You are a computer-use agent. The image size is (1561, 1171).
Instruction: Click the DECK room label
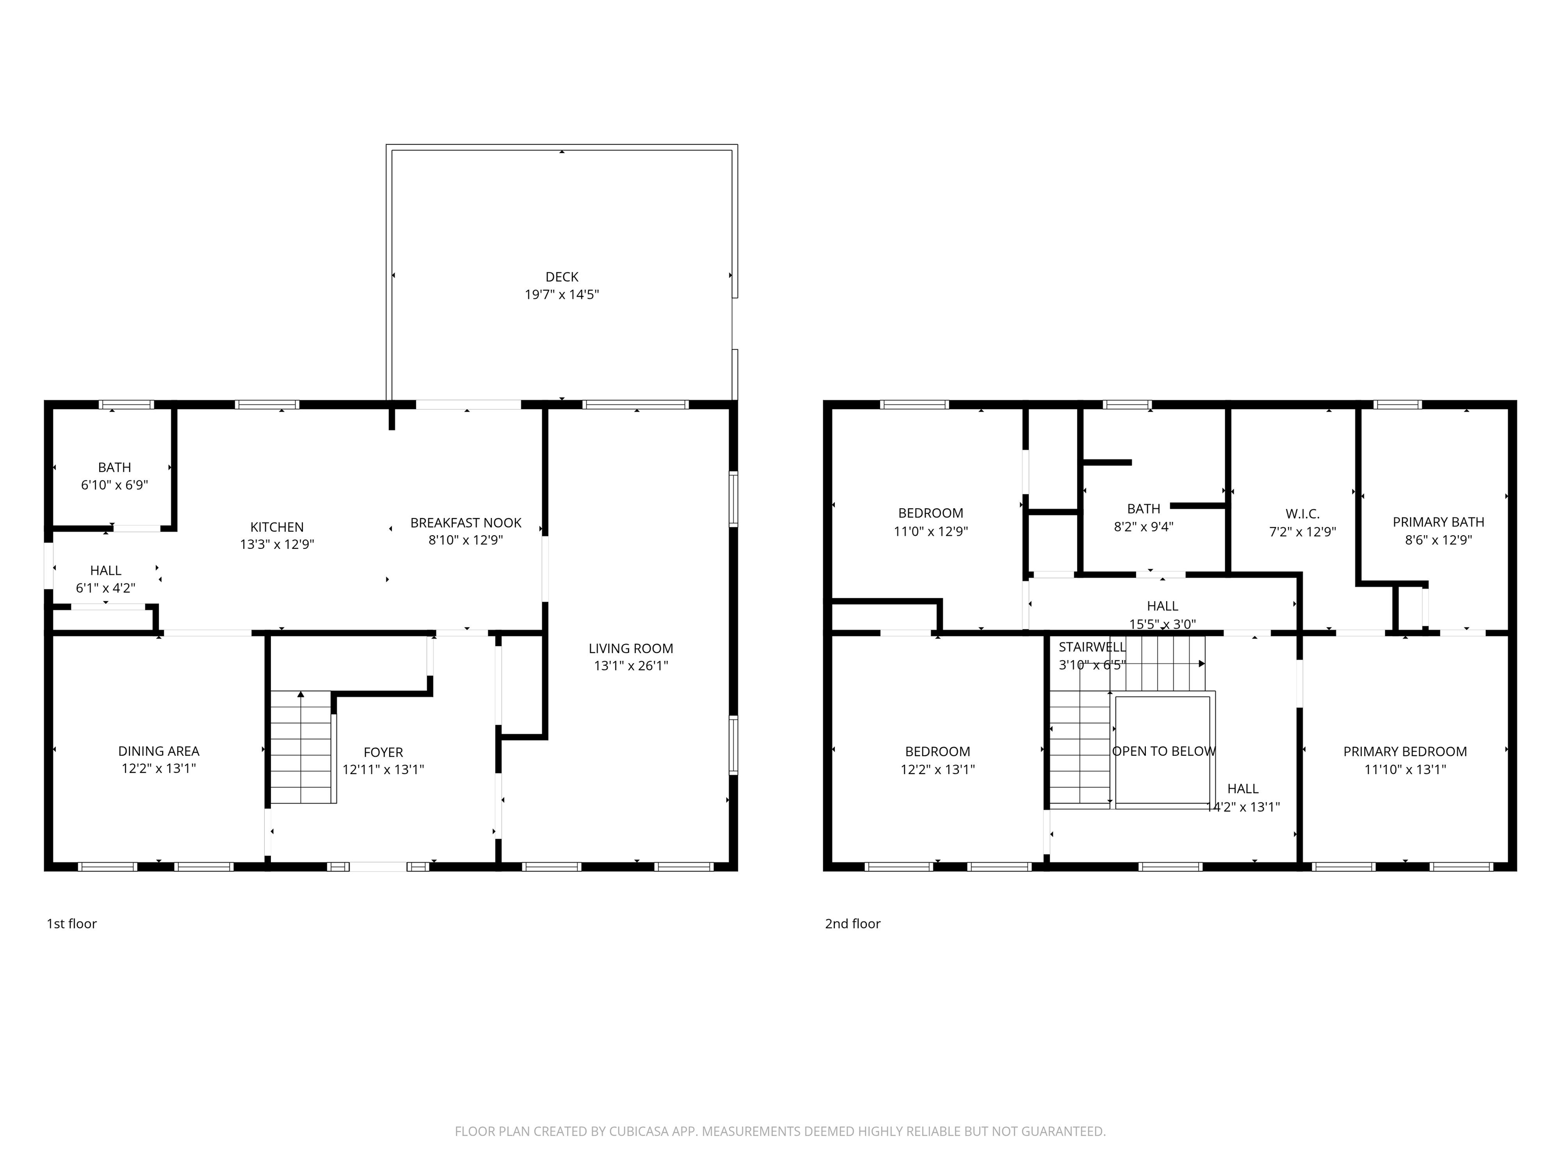tap(561, 276)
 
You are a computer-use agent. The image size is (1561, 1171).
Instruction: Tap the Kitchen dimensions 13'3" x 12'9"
tap(276, 544)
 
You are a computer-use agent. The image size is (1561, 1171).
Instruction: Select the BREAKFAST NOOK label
tap(466, 522)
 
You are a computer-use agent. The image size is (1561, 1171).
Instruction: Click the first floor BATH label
tap(114, 467)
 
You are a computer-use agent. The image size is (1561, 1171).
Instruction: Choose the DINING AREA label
tap(159, 751)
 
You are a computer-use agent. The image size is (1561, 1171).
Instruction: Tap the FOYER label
tap(383, 752)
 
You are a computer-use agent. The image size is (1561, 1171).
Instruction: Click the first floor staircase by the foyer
tap(301, 748)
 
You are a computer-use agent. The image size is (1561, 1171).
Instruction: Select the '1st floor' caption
tap(71, 923)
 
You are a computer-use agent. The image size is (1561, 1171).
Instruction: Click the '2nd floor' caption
tap(853, 923)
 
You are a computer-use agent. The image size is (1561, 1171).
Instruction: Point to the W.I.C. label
tap(1302, 514)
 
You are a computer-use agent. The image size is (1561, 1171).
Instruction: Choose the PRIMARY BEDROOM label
tap(1404, 752)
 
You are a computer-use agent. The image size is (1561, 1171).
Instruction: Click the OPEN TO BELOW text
tap(1164, 751)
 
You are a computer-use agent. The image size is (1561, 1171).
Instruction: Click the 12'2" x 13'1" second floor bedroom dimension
tap(937, 769)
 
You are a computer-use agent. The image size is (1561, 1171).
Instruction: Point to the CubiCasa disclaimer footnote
tap(780, 1131)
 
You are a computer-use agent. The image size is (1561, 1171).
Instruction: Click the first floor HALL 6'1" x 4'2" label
tap(106, 579)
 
